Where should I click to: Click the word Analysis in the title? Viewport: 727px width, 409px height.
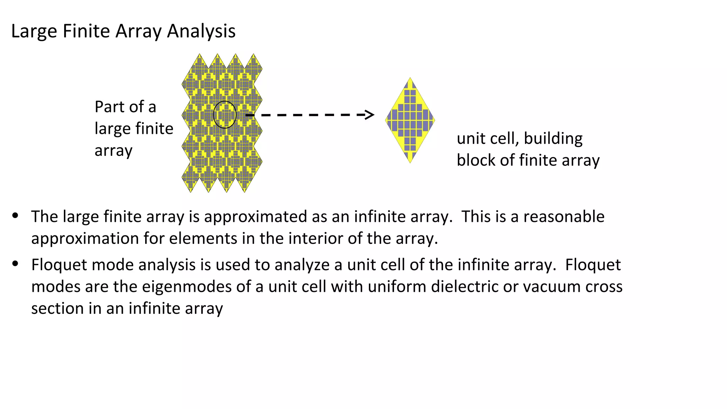pos(201,31)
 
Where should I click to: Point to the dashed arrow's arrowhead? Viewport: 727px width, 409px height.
pos(369,115)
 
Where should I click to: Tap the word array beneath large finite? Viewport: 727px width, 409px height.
pos(113,151)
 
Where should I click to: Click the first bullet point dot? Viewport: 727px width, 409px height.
pos(15,215)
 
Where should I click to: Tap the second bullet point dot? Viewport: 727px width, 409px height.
pos(15,263)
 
